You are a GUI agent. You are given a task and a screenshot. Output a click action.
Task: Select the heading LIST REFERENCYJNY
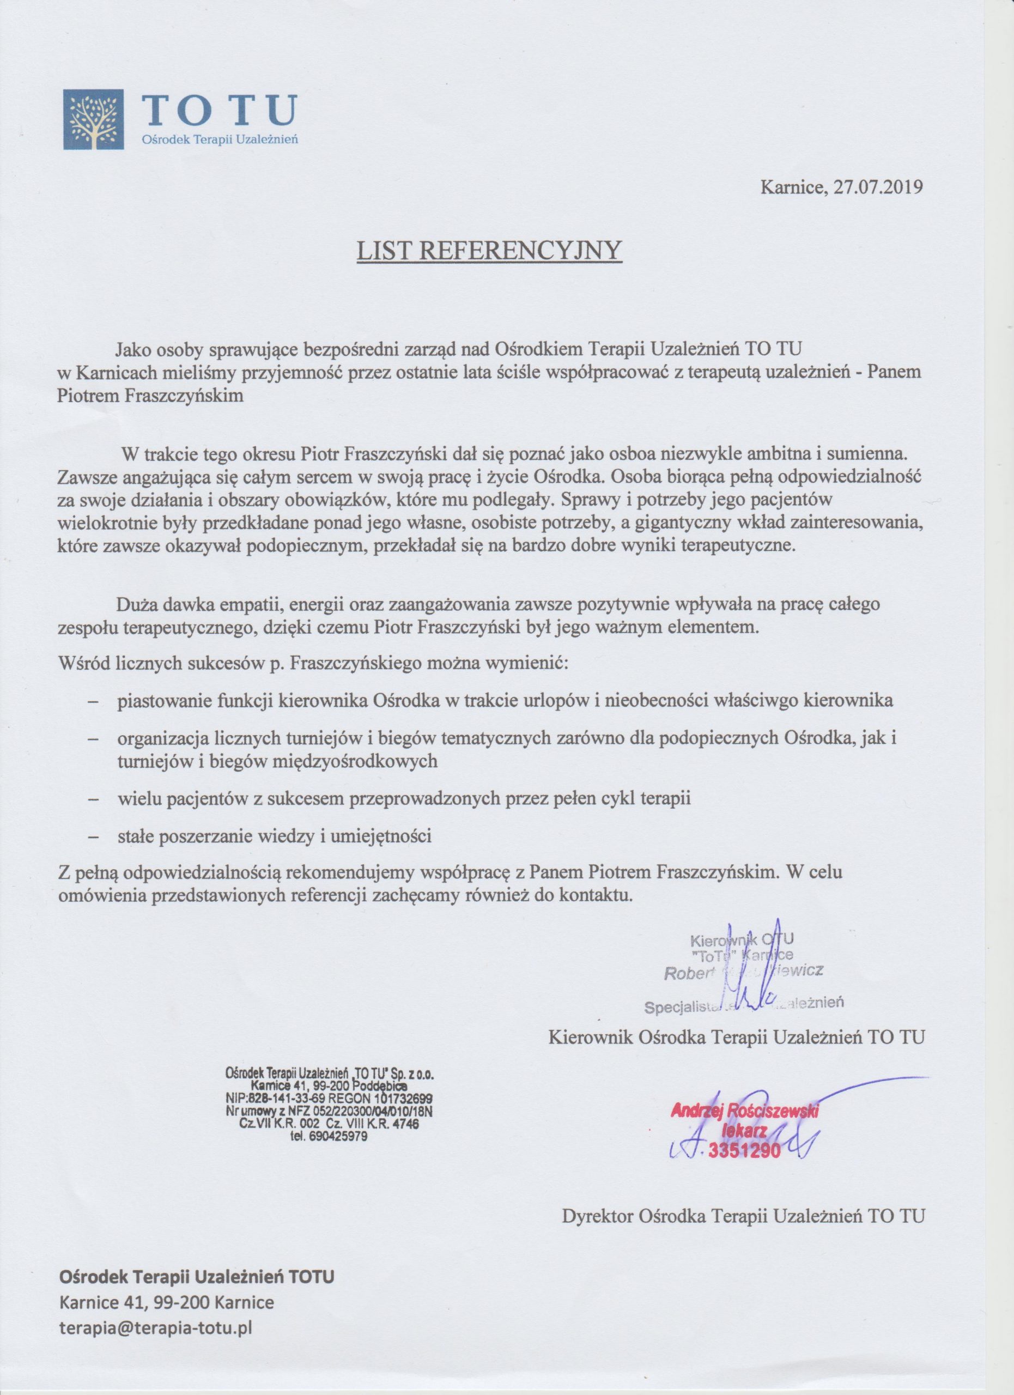490,252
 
